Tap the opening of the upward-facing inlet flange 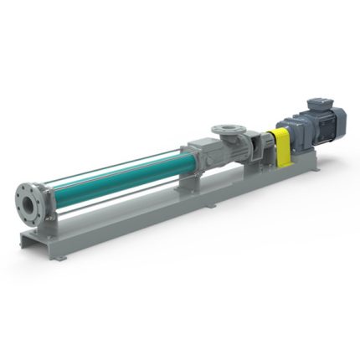(x=227, y=130)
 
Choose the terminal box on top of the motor (x=319, y=105)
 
